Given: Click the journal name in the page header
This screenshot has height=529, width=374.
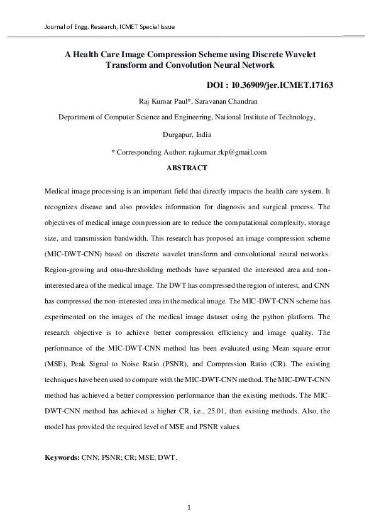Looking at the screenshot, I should tap(109, 27).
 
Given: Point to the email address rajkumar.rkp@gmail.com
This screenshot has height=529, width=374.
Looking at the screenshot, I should tap(228, 152).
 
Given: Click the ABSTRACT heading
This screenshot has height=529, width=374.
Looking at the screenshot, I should tap(187, 168).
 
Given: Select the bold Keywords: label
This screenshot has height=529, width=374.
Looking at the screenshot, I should tap(62, 458).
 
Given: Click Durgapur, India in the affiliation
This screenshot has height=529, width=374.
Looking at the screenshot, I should tap(187, 134).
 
